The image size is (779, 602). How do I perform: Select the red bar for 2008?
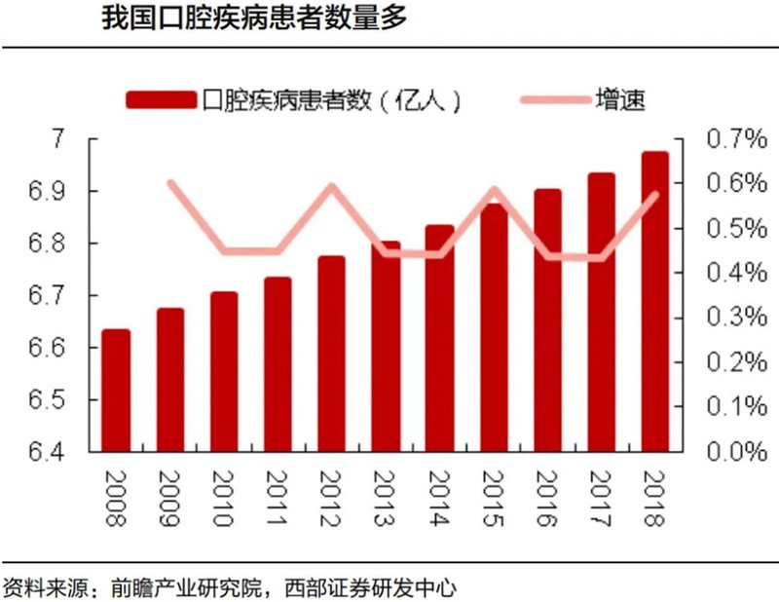116,391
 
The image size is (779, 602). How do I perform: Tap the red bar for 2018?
655,302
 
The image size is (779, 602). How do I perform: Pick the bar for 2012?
332,355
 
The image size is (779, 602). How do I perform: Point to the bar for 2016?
547,320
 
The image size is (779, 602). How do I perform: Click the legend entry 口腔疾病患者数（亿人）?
292,99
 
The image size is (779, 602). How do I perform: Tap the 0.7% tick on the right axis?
712,139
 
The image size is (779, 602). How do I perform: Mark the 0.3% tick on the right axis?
712,318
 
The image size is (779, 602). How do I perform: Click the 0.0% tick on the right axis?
712,452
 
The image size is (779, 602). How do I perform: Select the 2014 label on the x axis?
439,500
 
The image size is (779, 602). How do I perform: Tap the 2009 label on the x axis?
170,500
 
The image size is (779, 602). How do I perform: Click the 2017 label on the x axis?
601,500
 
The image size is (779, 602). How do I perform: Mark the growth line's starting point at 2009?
170,182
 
